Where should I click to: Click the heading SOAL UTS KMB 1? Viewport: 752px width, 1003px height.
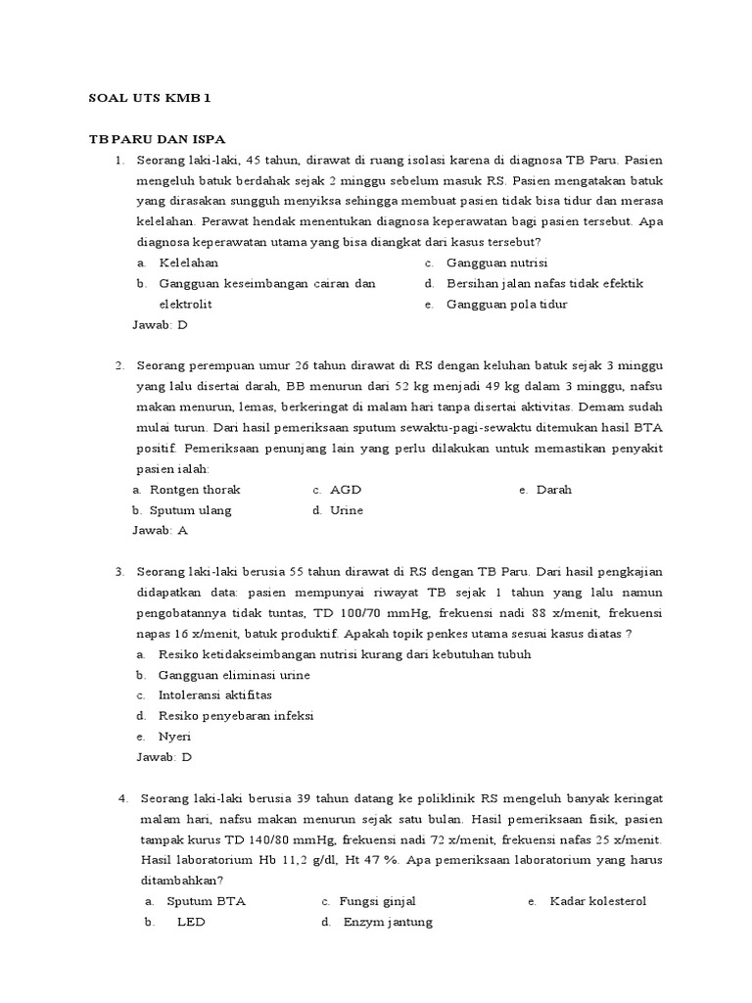(x=150, y=98)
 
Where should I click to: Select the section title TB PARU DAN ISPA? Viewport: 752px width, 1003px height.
(x=158, y=138)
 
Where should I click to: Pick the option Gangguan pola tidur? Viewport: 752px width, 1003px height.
(x=506, y=304)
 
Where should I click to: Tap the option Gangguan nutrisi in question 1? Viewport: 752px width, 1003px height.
(x=496, y=263)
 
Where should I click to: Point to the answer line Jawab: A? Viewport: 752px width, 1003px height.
(x=160, y=530)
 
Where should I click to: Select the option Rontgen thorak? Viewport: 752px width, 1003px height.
(x=195, y=489)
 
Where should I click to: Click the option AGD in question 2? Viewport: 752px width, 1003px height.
(x=346, y=489)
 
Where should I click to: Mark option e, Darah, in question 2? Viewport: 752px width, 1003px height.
(x=554, y=489)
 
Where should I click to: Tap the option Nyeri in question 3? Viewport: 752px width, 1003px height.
(x=175, y=736)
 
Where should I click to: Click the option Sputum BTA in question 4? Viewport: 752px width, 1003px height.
(x=206, y=901)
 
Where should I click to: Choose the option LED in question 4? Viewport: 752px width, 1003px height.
(x=191, y=922)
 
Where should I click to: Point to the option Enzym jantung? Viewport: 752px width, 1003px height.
(x=388, y=922)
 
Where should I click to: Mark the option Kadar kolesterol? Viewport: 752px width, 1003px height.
(x=598, y=901)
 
